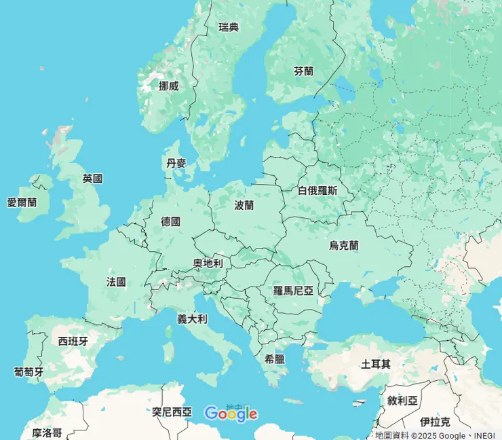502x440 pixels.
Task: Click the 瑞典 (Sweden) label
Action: (229, 27)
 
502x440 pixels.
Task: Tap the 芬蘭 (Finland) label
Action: (304, 71)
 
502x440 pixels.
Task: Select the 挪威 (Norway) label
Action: (168, 86)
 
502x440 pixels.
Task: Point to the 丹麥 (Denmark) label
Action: (176, 163)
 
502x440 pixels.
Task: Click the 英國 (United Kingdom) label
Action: (92, 179)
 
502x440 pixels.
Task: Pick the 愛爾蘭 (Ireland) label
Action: (22, 202)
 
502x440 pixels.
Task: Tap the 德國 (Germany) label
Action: (171, 221)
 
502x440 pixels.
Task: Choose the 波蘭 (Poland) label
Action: (244, 204)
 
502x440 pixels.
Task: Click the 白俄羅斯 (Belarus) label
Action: (317, 191)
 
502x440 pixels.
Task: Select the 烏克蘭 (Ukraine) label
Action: (344, 246)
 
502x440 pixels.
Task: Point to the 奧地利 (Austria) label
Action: (208, 263)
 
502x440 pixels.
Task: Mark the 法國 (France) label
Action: (116, 281)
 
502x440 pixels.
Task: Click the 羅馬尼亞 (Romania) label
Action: (294, 291)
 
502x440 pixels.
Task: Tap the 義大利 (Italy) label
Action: (192, 318)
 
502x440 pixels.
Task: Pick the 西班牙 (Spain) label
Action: (73, 341)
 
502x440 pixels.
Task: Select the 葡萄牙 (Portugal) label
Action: (28, 372)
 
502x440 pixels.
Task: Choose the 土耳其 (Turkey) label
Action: (376, 364)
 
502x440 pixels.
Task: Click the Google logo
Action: (231, 413)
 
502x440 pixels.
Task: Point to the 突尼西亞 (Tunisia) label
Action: (172, 411)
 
